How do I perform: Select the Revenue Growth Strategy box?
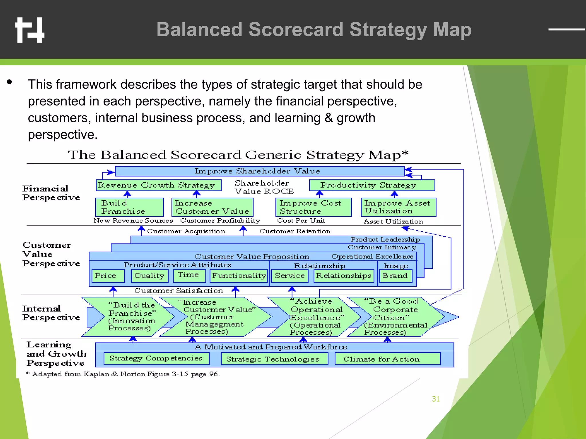pyautogui.click(x=159, y=185)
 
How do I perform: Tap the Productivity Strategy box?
pyautogui.click(x=372, y=185)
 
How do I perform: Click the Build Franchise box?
pyautogui.click(x=129, y=207)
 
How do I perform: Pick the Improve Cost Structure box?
pyautogui.click(x=313, y=207)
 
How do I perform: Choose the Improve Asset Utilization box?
pyautogui.click(x=398, y=207)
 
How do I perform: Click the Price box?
pyautogui.click(x=108, y=276)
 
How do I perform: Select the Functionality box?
pyautogui.click(x=239, y=276)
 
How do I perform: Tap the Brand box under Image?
pyautogui.click(x=395, y=276)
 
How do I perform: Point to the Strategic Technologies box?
pyautogui.click(x=274, y=359)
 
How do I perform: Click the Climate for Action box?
pyautogui.click(x=387, y=359)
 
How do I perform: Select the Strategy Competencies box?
pyautogui.click(x=156, y=358)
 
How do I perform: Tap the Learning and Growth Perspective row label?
pyautogui.click(x=56, y=354)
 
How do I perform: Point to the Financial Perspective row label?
pyautogui.click(x=51, y=193)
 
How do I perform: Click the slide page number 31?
pyautogui.click(x=436, y=399)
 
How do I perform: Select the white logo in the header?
pyautogui.click(x=30, y=30)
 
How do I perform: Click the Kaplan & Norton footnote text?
pyautogui.click(x=123, y=374)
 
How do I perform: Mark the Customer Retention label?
pyautogui.click(x=295, y=231)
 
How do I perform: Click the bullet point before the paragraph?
pyautogui.click(x=10, y=82)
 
